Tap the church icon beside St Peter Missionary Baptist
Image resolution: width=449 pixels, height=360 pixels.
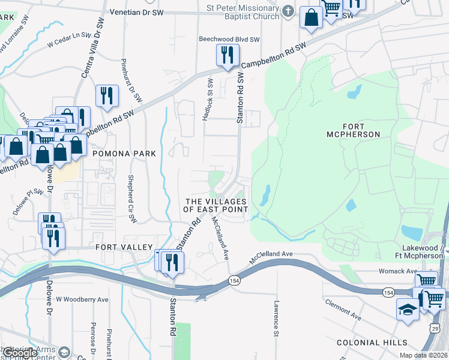click(288, 11)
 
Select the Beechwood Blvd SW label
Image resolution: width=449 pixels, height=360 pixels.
click(229, 40)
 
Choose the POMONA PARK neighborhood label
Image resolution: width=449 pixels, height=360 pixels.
click(124, 154)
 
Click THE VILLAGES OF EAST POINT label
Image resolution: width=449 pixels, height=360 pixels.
click(216, 205)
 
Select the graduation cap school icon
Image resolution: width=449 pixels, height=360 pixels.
click(408, 310)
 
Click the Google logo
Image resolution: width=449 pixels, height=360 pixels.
click(19, 353)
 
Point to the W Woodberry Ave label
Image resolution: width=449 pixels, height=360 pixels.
click(82, 299)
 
